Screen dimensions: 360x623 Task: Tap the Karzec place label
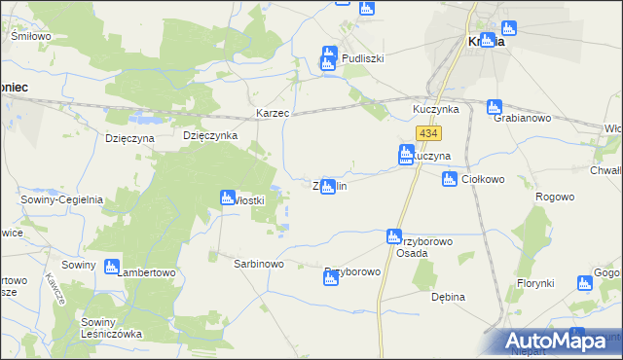coord(274,114)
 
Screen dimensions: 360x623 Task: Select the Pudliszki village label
coord(363,58)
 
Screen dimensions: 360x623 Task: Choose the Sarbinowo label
coord(257,264)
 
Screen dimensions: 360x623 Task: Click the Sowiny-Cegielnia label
coord(62,199)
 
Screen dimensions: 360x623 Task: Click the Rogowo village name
coord(555,197)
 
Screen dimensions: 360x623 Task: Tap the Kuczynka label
coord(435,110)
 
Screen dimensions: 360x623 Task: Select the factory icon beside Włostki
coord(227,198)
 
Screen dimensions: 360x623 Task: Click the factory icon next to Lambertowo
coord(111,266)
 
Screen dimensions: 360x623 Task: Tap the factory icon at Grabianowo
coord(494,106)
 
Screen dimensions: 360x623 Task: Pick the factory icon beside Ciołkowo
coord(450,178)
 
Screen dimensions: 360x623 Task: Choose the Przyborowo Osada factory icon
coord(393,235)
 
